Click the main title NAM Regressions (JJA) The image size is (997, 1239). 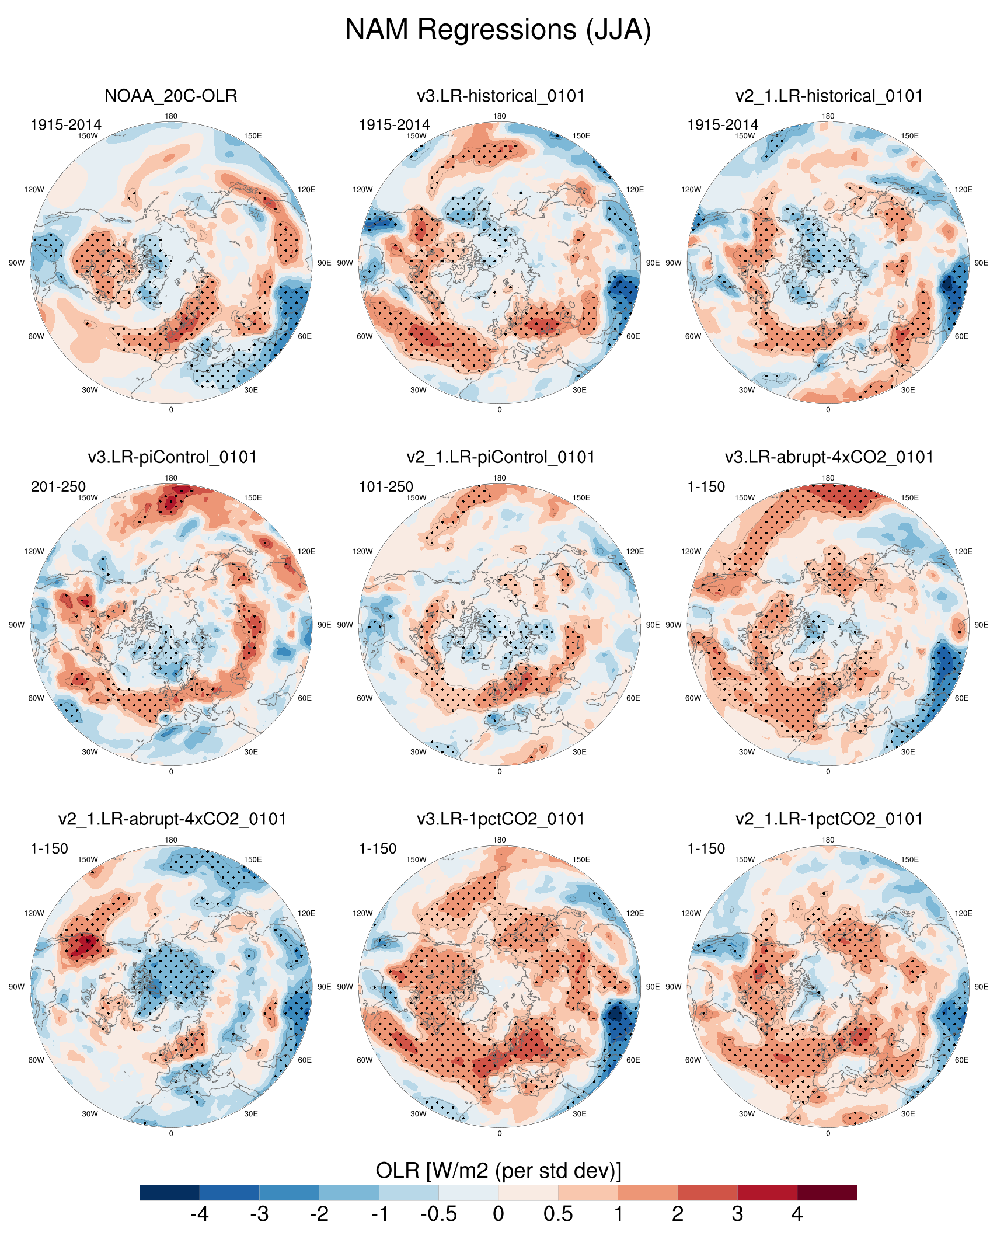click(x=498, y=29)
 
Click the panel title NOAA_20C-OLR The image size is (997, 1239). click(x=170, y=96)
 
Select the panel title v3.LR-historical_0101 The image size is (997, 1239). click(x=500, y=96)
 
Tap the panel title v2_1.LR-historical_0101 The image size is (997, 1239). click(x=829, y=96)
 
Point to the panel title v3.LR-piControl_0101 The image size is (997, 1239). click(x=172, y=457)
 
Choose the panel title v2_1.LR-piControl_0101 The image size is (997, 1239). click(x=500, y=457)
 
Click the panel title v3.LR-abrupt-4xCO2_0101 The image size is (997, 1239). click(x=829, y=457)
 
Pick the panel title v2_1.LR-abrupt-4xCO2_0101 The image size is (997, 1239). click(x=172, y=819)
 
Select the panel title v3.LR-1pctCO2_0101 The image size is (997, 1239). click(x=500, y=819)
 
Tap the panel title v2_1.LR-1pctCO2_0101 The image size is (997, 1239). click(x=829, y=819)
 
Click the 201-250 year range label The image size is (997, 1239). click(x=58, y=486)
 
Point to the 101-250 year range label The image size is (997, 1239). click(x=386, y=486)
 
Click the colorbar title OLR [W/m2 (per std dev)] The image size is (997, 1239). click(x=498, y=1170)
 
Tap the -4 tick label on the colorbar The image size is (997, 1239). click(x=199, y=1214)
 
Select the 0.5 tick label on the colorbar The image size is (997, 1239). click(x=558, y=1214)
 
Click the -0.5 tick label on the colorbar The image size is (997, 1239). click(x=438, y=1214)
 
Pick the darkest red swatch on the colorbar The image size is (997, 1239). click(x=827, y=1193)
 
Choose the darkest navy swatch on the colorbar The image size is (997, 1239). click(x=170, y=1193)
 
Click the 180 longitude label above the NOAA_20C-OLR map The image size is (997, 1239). click(x=171, y=116)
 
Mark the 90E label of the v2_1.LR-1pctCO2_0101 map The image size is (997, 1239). click(x=981, y=987)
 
